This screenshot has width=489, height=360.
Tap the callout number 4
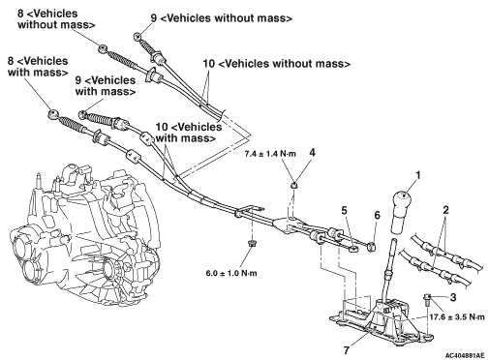312,152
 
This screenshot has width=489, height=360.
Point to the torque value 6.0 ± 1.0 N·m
231,274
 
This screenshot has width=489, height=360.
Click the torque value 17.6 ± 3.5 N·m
457,316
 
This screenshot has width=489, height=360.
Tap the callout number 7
346,350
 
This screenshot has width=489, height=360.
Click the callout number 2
445,211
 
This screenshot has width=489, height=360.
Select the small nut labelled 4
293,186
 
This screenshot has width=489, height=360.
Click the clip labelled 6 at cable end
371,247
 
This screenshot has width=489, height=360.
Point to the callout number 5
344,211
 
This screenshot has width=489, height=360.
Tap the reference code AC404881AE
465,355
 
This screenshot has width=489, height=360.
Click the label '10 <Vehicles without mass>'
276,64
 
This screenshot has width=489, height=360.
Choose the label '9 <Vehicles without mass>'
222,18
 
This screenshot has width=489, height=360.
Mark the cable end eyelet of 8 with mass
53,114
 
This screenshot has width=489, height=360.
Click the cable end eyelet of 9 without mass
137,36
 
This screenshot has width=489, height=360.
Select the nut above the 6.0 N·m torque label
250,243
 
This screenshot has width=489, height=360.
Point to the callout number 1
418,175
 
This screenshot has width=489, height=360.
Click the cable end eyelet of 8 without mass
103,49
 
